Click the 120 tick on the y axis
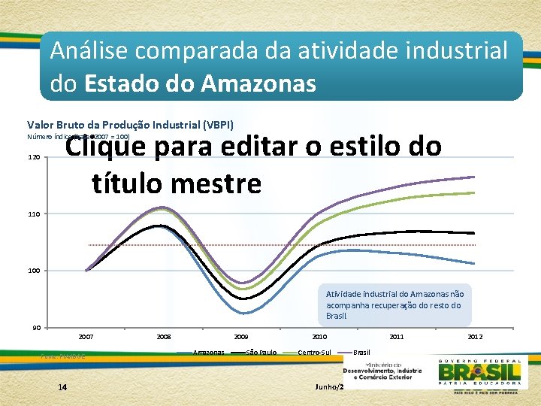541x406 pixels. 35,158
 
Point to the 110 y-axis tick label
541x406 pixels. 35,214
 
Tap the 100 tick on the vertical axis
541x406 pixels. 35,271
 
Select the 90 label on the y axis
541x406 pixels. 36,327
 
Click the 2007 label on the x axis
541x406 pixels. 86,337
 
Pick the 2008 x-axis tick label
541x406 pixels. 164,337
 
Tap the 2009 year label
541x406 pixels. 241,337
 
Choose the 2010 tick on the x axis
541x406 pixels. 319,337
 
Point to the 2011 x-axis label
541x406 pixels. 396,337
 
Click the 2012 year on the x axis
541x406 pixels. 474,337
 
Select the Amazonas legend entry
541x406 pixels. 207,352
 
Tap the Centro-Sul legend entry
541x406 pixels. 313,352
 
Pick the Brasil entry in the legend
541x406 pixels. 361,352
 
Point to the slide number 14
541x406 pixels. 62,386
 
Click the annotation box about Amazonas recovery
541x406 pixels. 395,304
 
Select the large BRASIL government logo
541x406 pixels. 480,372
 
